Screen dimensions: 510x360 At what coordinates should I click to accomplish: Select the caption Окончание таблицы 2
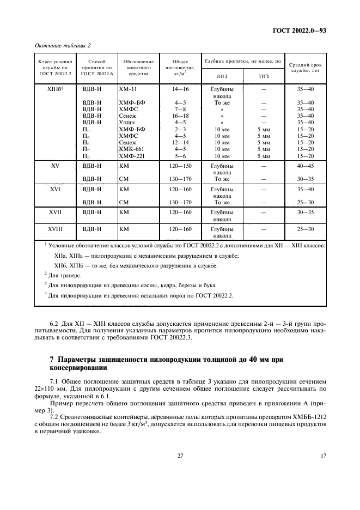click(x=63, y=45)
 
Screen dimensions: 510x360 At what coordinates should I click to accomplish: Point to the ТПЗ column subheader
click(x=263, y=76)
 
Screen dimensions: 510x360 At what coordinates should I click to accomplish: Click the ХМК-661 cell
click(x=130, y=148)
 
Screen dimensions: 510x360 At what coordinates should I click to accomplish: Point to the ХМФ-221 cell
click(x=130, y=155)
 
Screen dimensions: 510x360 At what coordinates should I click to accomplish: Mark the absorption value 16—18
click(x=180, y=116)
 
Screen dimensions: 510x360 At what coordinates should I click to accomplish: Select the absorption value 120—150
click(x=180, y=166)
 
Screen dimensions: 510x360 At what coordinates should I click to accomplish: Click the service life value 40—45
click(x=306, y=166)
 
